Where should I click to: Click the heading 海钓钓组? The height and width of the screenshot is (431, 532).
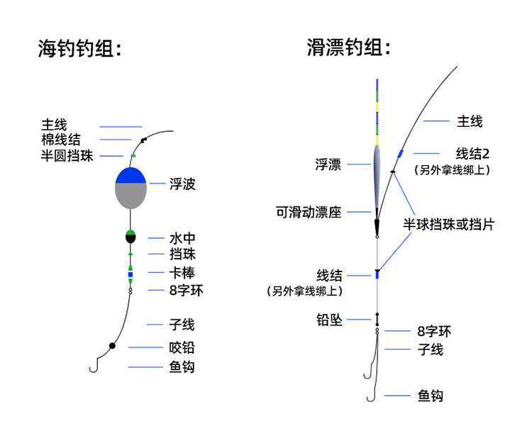coord(79,48)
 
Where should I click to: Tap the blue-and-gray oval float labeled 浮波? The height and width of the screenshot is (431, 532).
coord(131,187)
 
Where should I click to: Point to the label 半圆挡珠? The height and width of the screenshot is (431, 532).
coord(67,156)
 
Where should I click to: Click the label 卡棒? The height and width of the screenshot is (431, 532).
coord(182,272)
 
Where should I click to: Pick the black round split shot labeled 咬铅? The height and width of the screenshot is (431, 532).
coord(112,346)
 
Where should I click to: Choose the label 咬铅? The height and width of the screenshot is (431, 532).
coord(182,347)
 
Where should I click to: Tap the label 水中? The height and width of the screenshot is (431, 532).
coord(182,238)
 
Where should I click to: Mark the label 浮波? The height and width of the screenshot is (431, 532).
coord(182,184)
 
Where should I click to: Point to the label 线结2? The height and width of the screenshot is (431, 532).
coord(473,153)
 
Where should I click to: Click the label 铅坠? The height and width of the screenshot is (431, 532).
coord(329,320)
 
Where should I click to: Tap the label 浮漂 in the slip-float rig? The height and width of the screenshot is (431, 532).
coord(328,164)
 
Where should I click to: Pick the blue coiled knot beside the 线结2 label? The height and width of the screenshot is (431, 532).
coord(401,154)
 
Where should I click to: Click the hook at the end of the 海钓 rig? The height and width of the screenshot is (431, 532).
coord(92,366)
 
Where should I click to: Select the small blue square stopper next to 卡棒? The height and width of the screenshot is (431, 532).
coord(131,274)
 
